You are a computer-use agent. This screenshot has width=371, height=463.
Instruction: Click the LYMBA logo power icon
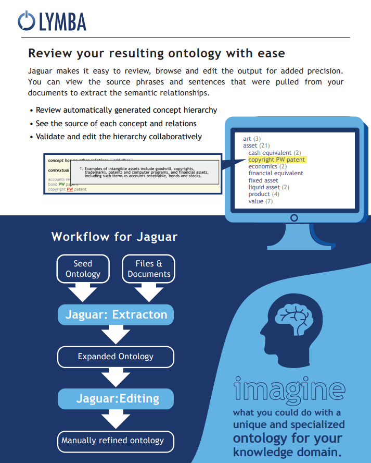25,20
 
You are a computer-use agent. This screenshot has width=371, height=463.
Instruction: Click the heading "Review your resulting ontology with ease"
156,53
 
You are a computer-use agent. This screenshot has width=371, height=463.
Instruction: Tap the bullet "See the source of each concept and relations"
116,124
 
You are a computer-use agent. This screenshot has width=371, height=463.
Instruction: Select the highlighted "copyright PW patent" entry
276,160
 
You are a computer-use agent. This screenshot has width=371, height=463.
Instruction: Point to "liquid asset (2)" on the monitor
268,187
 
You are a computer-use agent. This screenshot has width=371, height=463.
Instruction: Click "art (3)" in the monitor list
252,139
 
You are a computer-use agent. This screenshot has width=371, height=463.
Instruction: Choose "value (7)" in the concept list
260,201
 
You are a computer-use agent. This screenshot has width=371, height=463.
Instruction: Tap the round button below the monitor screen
294,217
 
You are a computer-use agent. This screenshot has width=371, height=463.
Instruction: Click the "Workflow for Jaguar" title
114,237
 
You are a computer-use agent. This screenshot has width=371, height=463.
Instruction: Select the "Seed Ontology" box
83,269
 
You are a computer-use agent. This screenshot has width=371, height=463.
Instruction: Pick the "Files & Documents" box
149,269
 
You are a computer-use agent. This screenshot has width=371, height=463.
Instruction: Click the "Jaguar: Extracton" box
116,314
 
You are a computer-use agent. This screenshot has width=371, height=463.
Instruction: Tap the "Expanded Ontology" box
116,357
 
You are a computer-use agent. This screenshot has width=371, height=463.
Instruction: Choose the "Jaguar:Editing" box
116,398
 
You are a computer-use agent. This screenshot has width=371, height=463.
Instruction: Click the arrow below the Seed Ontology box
83,292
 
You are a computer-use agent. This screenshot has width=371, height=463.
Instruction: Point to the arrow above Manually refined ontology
116,418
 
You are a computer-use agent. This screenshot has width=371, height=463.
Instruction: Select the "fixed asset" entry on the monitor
263,180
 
